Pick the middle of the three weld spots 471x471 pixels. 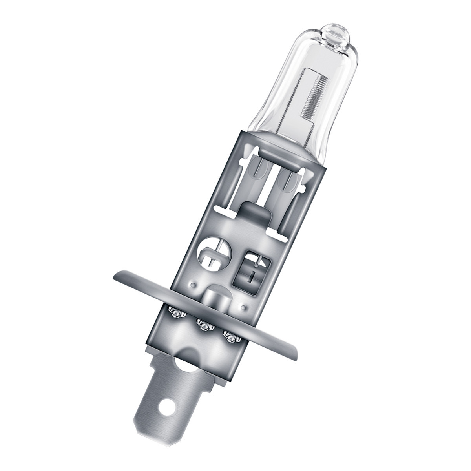(x=204, y=325)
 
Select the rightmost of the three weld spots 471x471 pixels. (x=230, y=336)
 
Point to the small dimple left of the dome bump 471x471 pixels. (x=193, y=283)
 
